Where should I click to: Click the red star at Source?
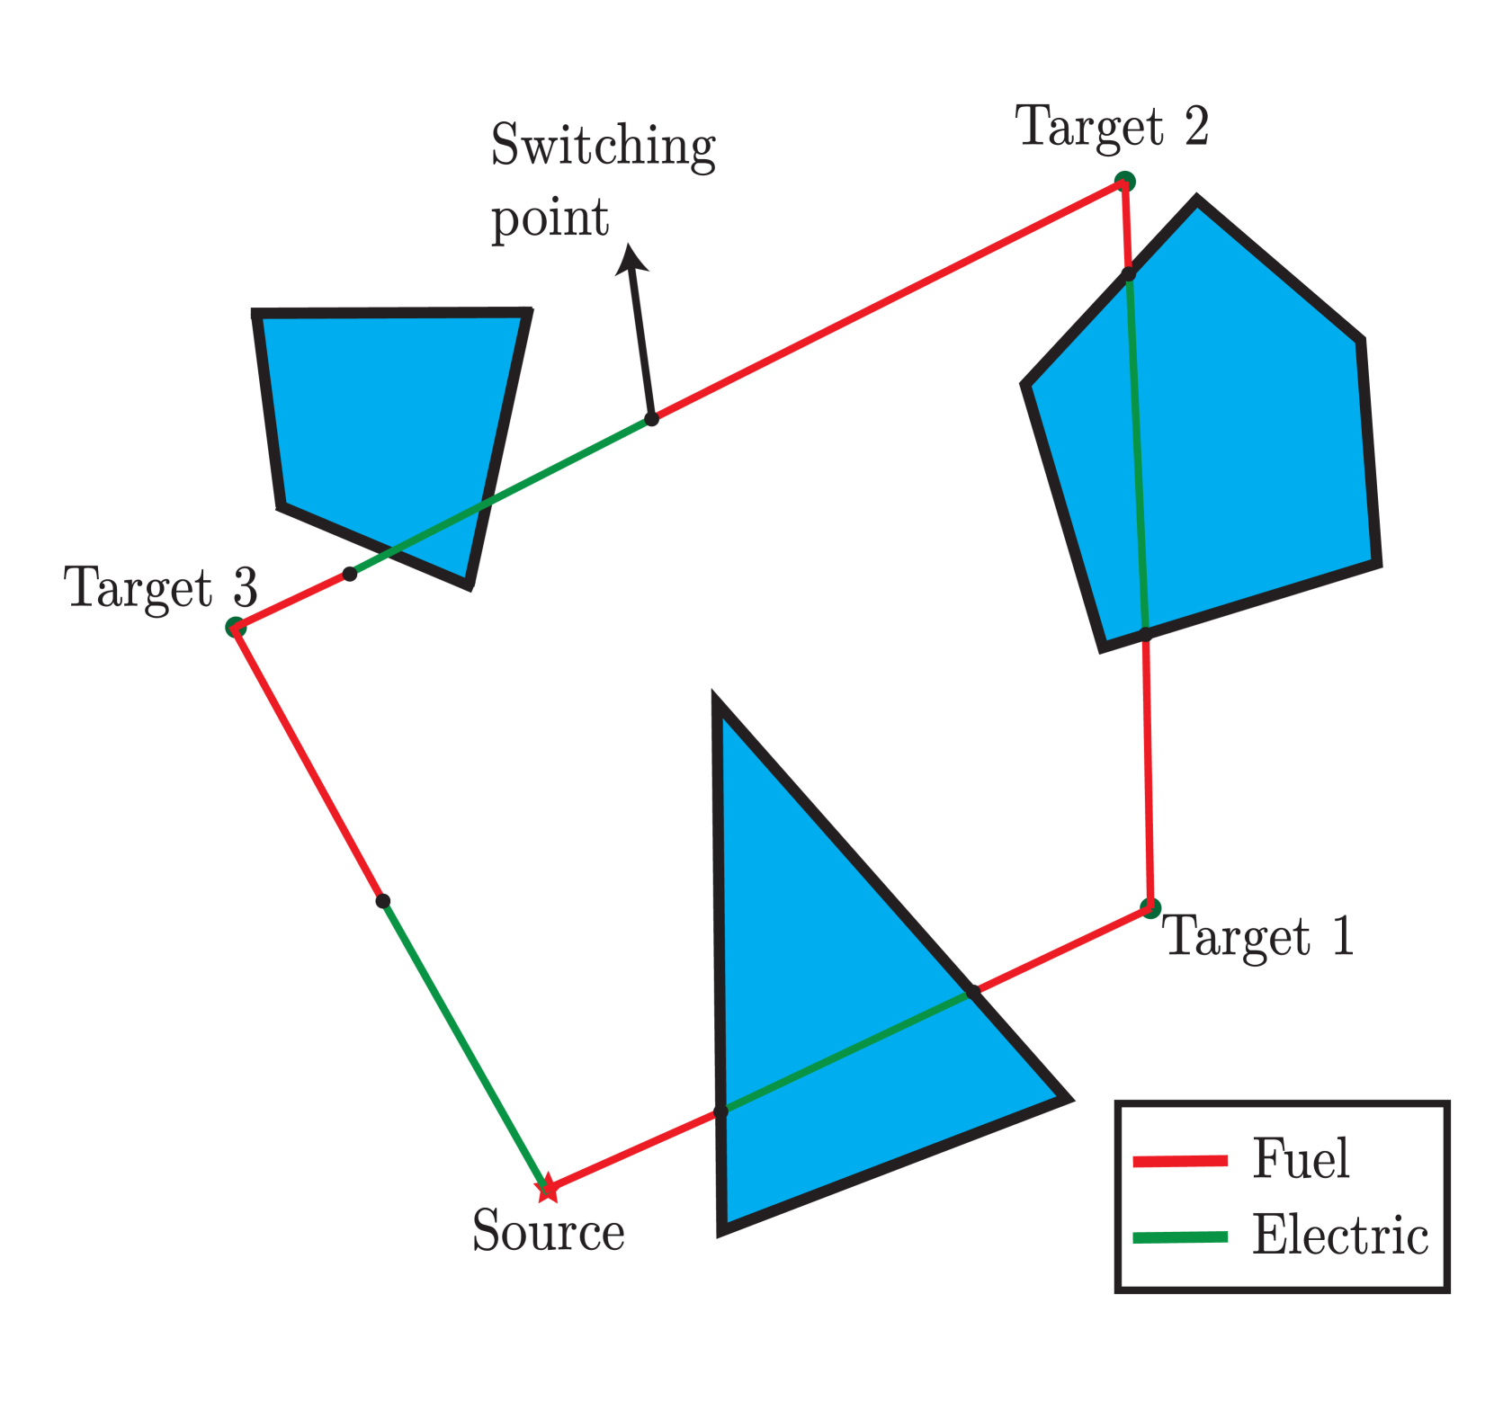coord(547,1191)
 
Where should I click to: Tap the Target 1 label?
coord(1258,936)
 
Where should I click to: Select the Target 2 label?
coord(1111,127)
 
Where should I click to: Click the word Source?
coord(549,1230)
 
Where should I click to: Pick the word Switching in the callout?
coord(603,146)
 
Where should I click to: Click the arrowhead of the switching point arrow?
coord(631,257)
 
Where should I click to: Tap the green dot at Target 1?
coord(1150,907)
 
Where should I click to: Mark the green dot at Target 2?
coord(1124,182)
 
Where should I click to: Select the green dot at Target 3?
coord(235,627)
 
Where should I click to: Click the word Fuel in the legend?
coord(1301,1158)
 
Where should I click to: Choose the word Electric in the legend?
coord(1339,1235)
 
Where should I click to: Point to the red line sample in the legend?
coord(1180,1161)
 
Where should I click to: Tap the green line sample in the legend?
coord(1180,1237)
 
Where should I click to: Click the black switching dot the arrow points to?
coord(652,419)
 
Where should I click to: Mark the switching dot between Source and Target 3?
coord(383,901)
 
